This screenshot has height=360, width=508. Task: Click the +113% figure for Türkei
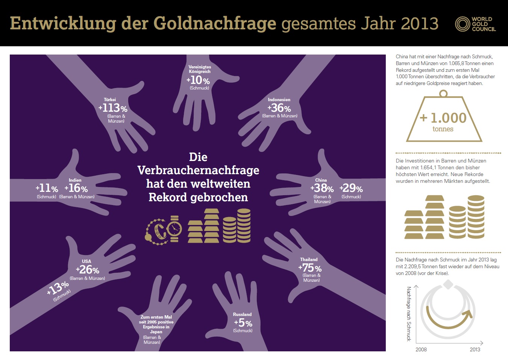pos(113,108)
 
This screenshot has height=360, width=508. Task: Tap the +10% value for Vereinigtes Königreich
pos(198,80)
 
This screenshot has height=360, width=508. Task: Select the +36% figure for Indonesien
pos(279,108)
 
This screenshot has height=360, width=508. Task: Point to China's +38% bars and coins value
pos(322,188)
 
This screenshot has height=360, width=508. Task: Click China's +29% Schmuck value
pos(351,188)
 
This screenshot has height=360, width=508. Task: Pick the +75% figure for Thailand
pos(310,268)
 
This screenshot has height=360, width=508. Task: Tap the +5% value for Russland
pos(243,323)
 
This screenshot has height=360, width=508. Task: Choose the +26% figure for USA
pos(87,270)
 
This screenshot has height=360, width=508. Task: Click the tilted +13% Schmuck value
pos(58,288)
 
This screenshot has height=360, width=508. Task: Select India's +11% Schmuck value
pos(47,188)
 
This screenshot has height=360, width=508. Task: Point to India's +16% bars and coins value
pos(76,188)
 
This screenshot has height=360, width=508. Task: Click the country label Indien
pos(75,180)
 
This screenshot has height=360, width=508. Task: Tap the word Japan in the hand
pos(156,332)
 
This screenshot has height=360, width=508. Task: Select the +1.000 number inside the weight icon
pos(443,118)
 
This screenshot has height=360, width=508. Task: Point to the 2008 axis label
pos(421,349)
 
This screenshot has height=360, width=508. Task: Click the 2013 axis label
pos(475,349)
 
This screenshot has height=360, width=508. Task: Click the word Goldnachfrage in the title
pos(215,23)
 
